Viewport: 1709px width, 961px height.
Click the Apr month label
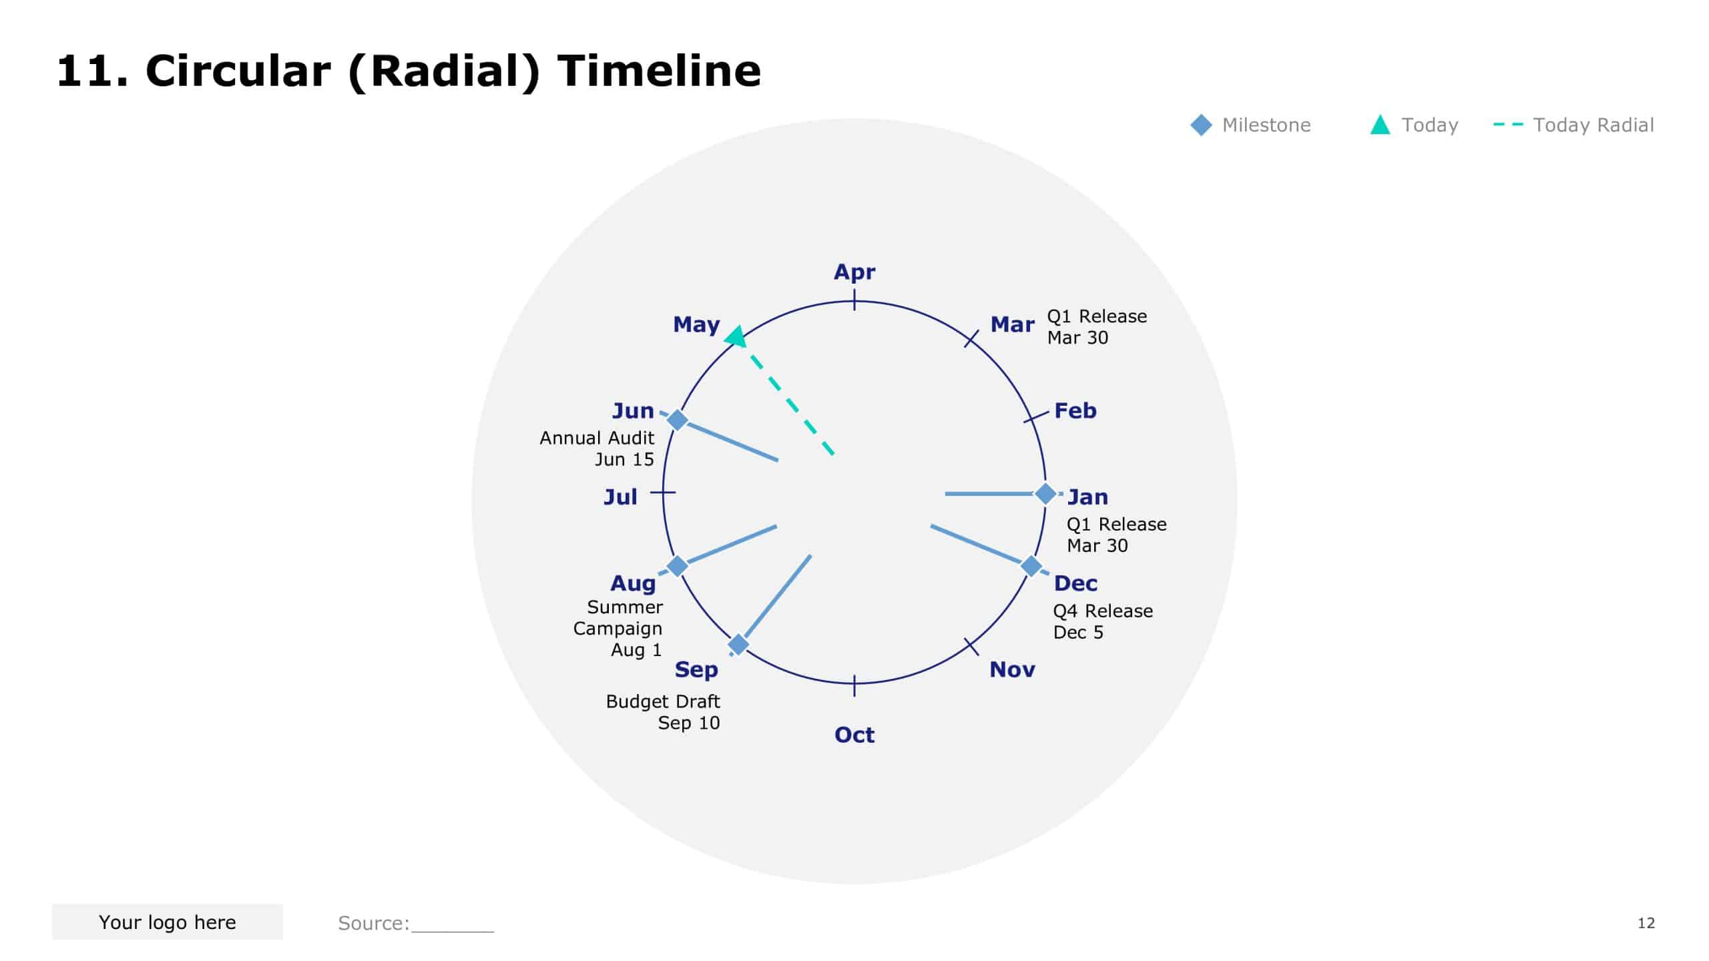click(854, 272)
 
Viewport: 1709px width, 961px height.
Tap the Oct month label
click(854, 735)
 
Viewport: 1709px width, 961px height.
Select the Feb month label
click(1075, 410)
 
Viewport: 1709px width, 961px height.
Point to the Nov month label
click(1012, 669)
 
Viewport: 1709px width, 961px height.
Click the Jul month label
click(620, 497)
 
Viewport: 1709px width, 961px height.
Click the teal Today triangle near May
click(736, 337)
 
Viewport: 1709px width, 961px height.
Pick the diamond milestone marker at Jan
click(1045, 494)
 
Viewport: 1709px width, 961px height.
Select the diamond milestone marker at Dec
click(1031, 566)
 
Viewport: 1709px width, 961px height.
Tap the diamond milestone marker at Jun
click(678, 420)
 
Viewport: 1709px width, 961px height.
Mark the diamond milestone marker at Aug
click(678, 566)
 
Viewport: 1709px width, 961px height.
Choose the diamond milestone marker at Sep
click(738, 645)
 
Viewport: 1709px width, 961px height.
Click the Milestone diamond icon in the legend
click(1201, 125)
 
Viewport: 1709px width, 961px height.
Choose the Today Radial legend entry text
click(1593, 125)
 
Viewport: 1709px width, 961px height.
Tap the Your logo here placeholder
click(168, 922)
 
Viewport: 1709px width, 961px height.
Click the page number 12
click(1646, 923)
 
